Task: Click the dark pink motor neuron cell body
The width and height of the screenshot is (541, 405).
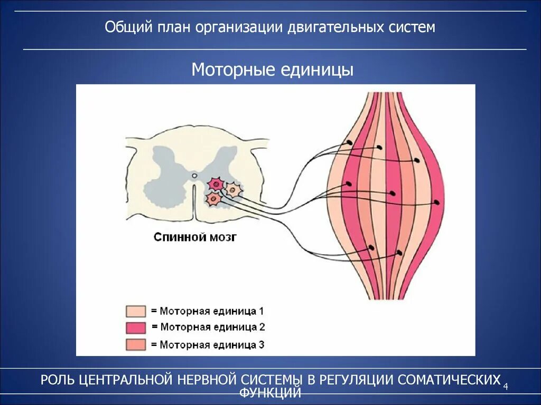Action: coord(216,184)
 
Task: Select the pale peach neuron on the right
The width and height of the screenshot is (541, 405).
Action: coord(232,189)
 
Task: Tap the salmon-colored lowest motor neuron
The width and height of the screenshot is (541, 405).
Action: coord(213,199)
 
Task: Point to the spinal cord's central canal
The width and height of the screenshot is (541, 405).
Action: coord(194,175)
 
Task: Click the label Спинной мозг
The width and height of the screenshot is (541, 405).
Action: coord(195,237)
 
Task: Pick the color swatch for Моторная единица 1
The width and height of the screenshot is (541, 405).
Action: coord(136,311)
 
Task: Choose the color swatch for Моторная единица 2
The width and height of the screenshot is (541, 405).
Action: coord(136,327)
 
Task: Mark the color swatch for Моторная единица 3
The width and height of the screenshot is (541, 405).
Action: coord(136,345)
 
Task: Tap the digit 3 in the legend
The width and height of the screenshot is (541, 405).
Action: coord(261,345)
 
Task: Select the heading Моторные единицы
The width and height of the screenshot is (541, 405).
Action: coord(272,70)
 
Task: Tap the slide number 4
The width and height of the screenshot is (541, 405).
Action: coord(506,387)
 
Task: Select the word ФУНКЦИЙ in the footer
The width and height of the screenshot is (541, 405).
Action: coord(270,392)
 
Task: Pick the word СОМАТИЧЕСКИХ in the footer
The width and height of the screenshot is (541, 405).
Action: coord(449,380)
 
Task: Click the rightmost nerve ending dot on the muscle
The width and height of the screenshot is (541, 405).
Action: coord(437,202)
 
